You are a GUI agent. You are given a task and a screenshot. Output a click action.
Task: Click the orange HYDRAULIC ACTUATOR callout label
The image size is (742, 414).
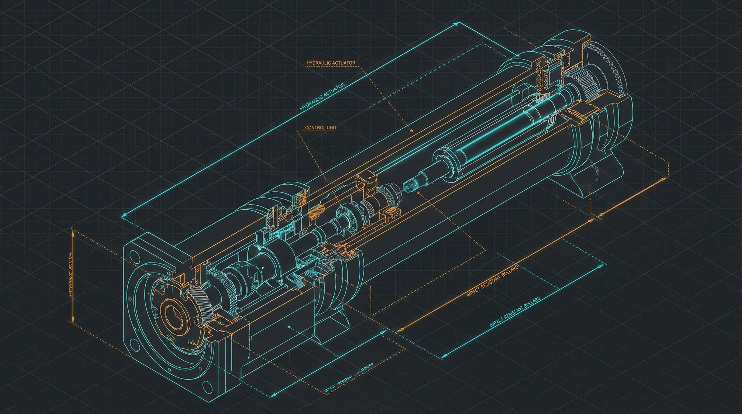click(331, 63)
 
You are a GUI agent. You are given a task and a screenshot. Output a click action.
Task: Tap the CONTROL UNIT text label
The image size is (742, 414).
click(321, 127)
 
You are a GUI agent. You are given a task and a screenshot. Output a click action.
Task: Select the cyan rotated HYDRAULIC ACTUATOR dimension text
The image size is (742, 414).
click(322, 97)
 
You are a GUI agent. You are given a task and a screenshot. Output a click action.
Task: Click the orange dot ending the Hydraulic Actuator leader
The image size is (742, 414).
click(411, 131)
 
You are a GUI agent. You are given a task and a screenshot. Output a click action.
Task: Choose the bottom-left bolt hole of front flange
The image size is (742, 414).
click(133, 343)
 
